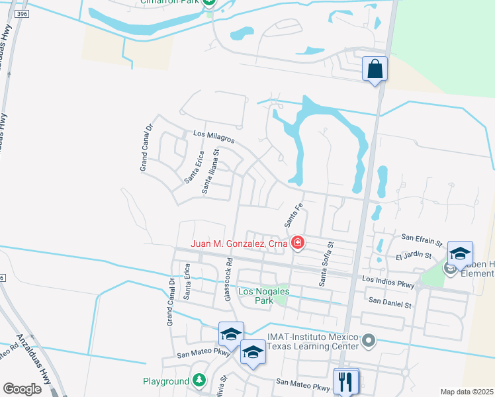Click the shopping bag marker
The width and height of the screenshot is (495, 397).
coord(375,69)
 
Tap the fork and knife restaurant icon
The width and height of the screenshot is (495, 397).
coord(346,381)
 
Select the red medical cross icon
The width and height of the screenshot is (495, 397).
coord(298,243)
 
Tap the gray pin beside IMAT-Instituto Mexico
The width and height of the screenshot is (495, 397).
coord(369,341)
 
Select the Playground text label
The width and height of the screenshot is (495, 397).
coord(166,381)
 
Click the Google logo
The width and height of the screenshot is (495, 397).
coord(22,388)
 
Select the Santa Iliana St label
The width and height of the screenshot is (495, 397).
coord(211,171)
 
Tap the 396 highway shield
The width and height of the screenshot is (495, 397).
coord(22,14)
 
